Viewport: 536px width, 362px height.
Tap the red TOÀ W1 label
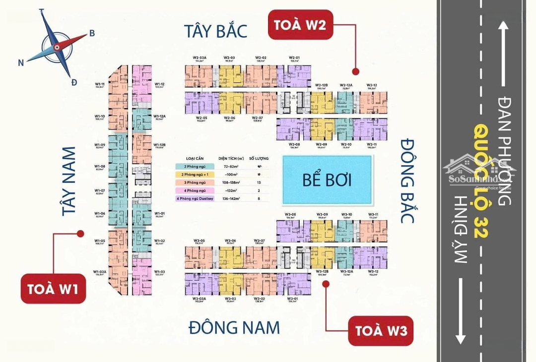[x=53, y=288]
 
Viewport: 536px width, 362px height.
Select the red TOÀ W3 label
[x=381, y=330]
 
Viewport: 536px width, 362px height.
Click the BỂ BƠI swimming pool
[x=327, y=180]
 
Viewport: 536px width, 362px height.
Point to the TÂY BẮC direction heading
[x=215, y=31]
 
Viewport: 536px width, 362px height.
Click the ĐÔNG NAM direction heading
[x=234, y=327]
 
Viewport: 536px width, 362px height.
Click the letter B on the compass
[x=92, y=33]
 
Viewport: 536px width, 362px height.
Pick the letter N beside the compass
[x=21, y=62]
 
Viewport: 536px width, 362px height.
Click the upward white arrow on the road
[x=504, y=55]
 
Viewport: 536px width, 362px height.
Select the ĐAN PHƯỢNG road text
[x=503, y=151]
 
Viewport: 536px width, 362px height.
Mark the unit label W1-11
[x=100, y=84]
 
